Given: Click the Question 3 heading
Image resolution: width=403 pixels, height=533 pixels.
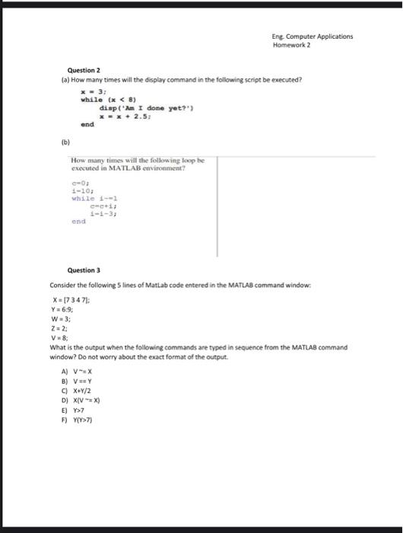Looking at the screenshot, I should point(83,270).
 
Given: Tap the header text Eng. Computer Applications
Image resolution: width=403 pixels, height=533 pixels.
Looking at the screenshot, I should point(313,36).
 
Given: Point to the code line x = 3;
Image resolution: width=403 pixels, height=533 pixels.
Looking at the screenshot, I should point(93,91).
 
